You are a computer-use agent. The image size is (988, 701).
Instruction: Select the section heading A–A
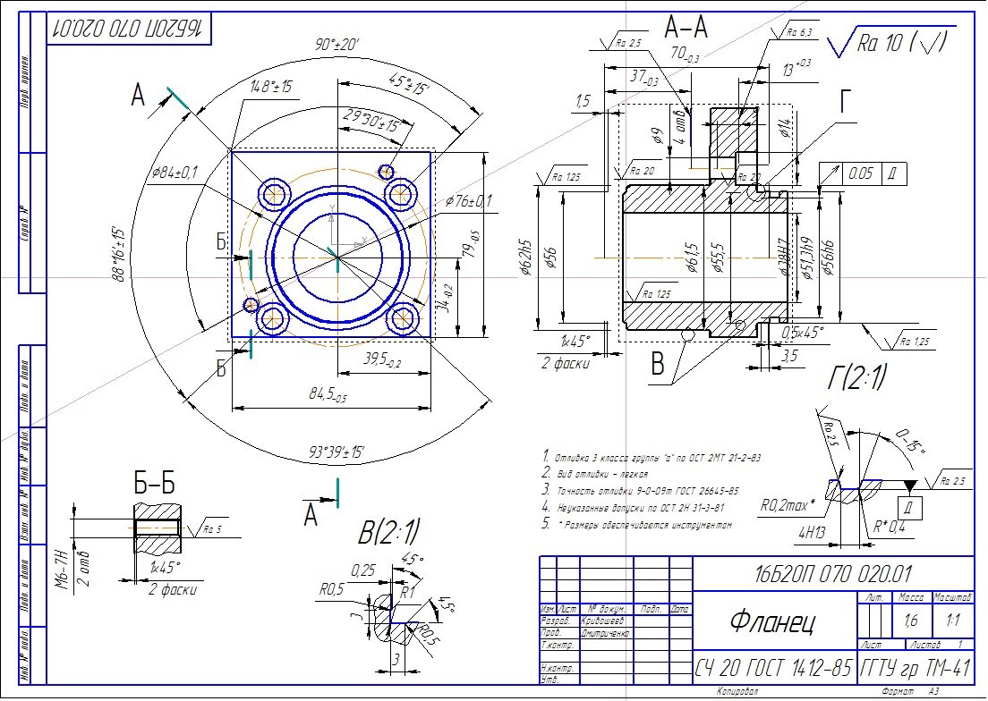[x=686, y=29]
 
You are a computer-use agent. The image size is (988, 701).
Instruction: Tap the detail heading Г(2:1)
[x=856, y=379]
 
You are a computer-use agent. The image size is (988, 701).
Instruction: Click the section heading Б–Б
[x=155, y=484]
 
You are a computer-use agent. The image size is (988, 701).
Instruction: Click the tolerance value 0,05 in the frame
[x=862, y=173]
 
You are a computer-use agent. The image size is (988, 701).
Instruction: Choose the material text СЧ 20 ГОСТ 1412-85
[x=774, y=667]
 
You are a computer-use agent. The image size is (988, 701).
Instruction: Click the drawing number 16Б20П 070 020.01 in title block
[x=822, y=573]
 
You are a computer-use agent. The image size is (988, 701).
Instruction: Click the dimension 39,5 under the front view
[x=382, y=359]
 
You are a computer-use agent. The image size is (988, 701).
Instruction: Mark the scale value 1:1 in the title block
[x=952, y=619]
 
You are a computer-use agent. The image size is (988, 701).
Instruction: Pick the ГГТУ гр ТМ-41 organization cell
[x=915, y=667]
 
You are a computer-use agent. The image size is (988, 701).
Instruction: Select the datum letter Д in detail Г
[x=909, y=508]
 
